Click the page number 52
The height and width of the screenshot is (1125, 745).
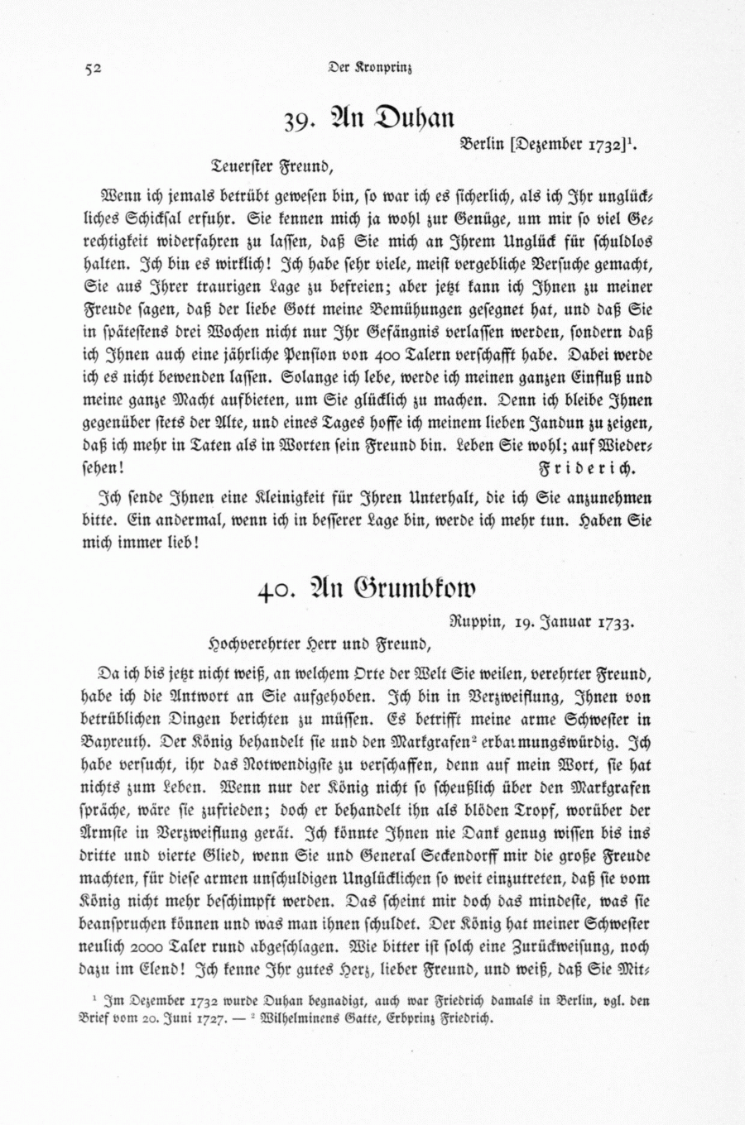(x=92, y=69)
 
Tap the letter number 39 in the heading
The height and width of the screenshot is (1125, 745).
(x=296, y=121)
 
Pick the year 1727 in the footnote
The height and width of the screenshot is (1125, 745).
(x=209, y=1019)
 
